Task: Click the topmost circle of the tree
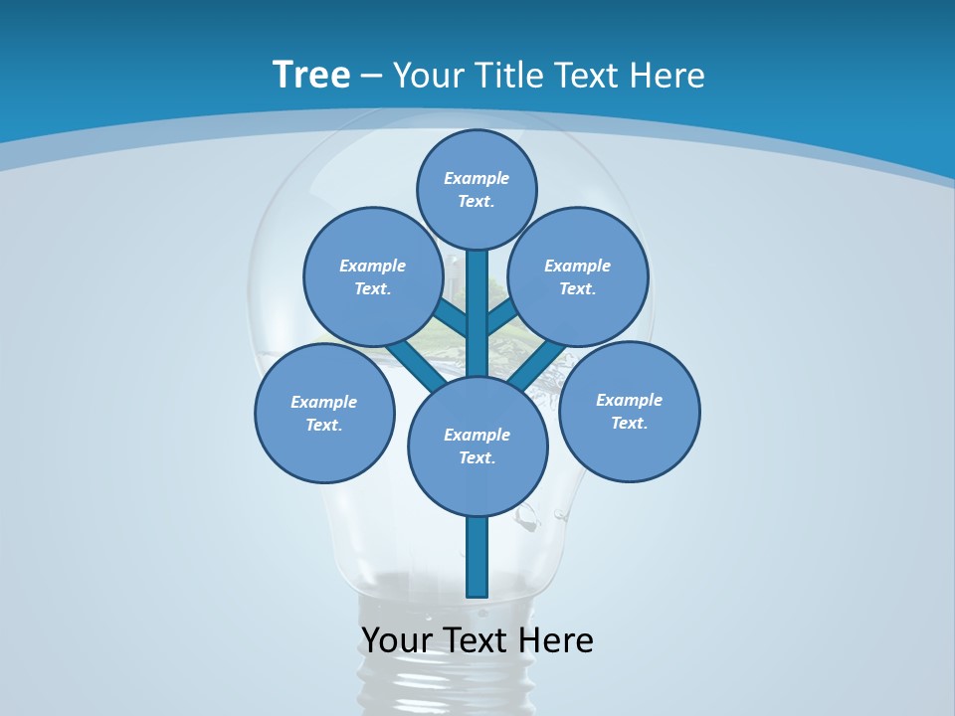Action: point(477,189)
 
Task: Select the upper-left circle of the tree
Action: point(373,276)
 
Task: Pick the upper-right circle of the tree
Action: point(578,276)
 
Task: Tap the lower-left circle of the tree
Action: point(324,413)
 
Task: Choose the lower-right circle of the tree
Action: point(629,411)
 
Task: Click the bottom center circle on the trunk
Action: point(477,447)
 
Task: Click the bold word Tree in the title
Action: point(311,75)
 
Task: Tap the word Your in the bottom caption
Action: point(398,639)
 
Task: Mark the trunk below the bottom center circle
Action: point(477,557)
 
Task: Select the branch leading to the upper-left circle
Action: point(453,320)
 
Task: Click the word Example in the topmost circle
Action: point(477,178)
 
